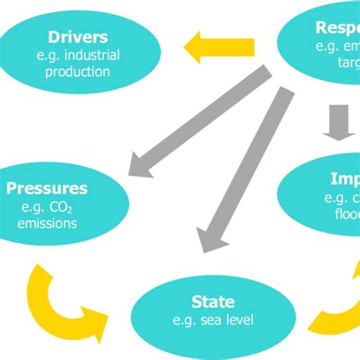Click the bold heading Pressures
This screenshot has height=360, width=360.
[47, 188]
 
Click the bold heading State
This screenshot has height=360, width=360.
[213, 302]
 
